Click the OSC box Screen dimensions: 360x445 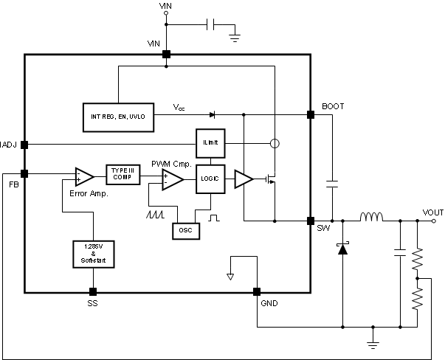[x=184, y=229]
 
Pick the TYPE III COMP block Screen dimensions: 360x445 [x=123, y=174]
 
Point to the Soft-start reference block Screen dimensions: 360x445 [x=93, y=253]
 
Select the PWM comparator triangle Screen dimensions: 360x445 [x=173, y=179]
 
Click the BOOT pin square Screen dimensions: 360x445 [x=310, y=115]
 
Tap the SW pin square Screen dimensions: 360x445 [x=310, y=221]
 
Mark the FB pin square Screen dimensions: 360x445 [x=24, y=173]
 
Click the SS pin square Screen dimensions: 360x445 [x=93, y=291]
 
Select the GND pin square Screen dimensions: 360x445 [x=257, y=291]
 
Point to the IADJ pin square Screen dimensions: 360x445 [x=24, y=144]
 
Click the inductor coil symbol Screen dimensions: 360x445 [x=370, y=218]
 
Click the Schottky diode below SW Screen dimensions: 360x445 [x=342, y=249]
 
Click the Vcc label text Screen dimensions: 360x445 [x=179, y=108]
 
